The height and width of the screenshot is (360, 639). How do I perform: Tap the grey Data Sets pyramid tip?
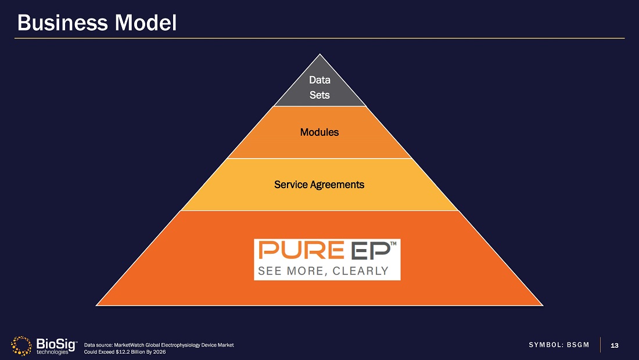click(x=319, y=87)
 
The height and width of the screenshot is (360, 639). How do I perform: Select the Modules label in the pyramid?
click(x=319, y=132)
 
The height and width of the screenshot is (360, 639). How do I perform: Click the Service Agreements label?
click(x=319, y=185)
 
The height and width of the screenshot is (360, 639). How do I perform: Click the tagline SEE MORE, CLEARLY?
click(x=323, y=271)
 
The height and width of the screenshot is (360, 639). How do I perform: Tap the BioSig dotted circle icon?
click(x=22, y=345)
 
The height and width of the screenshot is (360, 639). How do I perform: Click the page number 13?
click(x=615, y=345)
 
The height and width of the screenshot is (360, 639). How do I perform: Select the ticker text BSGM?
click(x=577, y=345)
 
